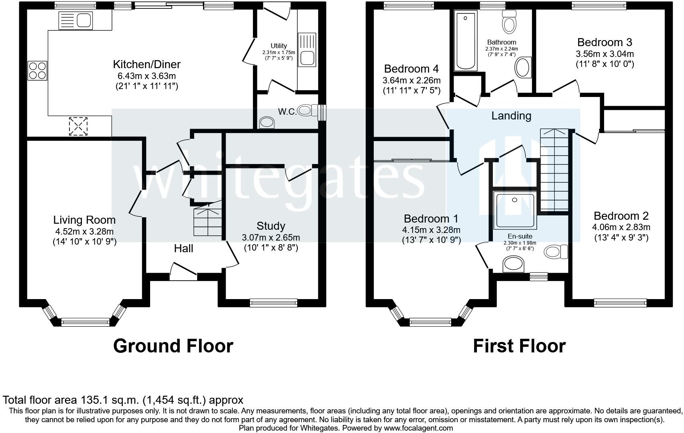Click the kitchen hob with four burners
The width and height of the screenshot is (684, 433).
(37, 71)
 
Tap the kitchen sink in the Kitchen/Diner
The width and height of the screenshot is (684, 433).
(75, 20)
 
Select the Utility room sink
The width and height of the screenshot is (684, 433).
(307, 49)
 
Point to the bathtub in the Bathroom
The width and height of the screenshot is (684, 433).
(466, 40)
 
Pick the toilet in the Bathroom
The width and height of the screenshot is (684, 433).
(509, 21)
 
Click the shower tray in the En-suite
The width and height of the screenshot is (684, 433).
(515, 210)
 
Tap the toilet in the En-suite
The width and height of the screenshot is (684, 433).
(556, 252)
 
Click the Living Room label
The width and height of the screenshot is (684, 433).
(84, 220)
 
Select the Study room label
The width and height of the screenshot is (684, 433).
(271, 226)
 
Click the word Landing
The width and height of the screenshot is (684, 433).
(511, 116)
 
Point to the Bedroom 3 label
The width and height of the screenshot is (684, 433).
(605, 42)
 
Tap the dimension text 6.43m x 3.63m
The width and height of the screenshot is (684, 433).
(147, 76)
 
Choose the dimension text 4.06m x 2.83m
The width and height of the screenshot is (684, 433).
(621, 227)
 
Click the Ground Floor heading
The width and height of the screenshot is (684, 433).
(173, 346)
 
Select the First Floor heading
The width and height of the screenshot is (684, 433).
(519, 346)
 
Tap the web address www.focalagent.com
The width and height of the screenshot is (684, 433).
(418, 428)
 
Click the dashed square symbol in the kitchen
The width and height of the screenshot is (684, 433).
(78, 126)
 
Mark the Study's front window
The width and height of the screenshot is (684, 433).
(273, 303)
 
